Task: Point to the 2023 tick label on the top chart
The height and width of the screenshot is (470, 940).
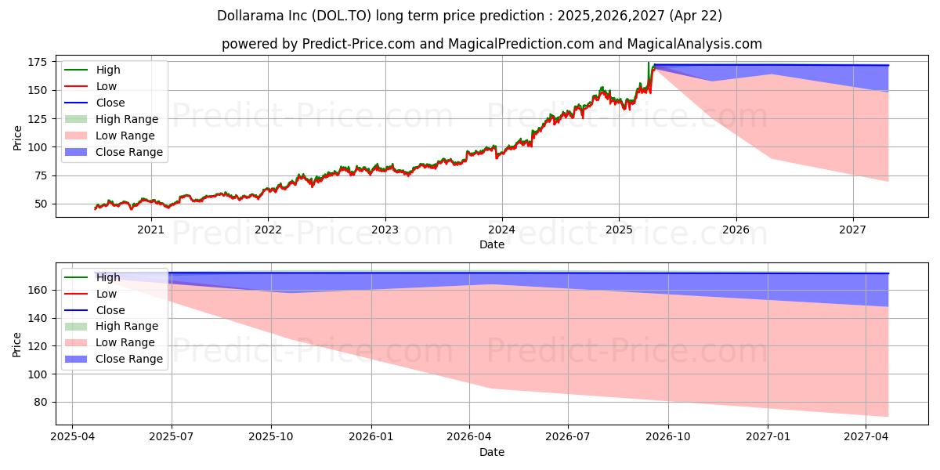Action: click(385, 230)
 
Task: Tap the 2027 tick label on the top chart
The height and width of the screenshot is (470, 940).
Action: click(852, 230)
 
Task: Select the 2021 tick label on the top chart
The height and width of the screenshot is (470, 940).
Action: click(150, 230)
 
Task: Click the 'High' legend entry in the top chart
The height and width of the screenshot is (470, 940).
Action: click(108, 70)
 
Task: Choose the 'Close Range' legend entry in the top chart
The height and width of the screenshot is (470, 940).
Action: click(129, 152)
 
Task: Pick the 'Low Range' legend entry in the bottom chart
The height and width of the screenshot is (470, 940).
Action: click(125, 342)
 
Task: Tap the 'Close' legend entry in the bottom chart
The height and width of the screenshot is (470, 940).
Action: click(110, 309)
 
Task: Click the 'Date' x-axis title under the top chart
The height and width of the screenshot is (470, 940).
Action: click(492, 244)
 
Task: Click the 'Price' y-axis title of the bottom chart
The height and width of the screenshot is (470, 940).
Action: click(18, 344)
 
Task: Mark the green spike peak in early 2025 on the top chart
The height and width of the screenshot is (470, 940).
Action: click(648, 63)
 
